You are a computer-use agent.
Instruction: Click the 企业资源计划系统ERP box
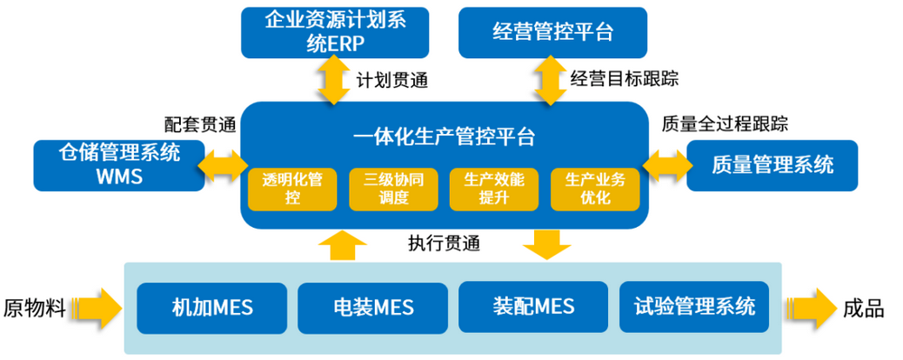[335, 31]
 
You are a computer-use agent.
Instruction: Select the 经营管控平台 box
[552, 32]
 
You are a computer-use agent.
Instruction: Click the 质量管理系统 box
[772, 164]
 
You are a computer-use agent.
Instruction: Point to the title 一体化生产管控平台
[444, 137]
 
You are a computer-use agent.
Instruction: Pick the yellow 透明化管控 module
[292, 189]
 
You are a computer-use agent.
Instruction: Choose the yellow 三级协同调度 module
[393, 189]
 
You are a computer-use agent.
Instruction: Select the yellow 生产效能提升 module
[493, 189]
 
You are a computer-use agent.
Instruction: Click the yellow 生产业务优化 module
[595, 189]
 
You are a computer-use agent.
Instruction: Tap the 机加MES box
[211, 307]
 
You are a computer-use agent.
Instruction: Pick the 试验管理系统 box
[693, 307]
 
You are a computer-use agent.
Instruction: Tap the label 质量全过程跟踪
[724, 123]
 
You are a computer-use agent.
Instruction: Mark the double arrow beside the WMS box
[223, 163]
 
